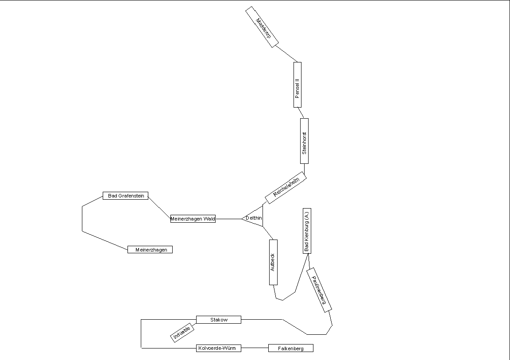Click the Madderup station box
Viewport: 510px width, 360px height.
(x=262, y=27)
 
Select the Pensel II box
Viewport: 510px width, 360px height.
(x=297, y=85)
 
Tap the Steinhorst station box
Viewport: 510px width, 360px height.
(x=304, y=141)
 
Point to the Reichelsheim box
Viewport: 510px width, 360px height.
(x=286, y=187)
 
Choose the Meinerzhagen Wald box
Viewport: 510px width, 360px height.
(x=193, y=219)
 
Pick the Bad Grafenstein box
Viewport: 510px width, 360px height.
(x=126, y=196)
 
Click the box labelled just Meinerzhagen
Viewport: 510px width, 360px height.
(x=150, y=250)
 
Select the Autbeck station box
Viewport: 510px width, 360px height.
(x=273, y=262)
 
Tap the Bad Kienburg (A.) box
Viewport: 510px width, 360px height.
(x=307, y=231)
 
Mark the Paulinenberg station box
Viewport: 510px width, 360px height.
(x=319, y=290)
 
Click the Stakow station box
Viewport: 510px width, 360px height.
(x=219, y=320)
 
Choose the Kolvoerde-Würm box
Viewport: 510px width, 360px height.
(x=219, y=348)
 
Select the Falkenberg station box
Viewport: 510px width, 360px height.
(x=291, y=348)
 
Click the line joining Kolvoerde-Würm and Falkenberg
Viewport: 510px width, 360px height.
(x=255, y=348)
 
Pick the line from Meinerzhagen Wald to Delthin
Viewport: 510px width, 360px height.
(x=228, y=219)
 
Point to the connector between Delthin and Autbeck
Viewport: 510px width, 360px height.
(x=268, y=233)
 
